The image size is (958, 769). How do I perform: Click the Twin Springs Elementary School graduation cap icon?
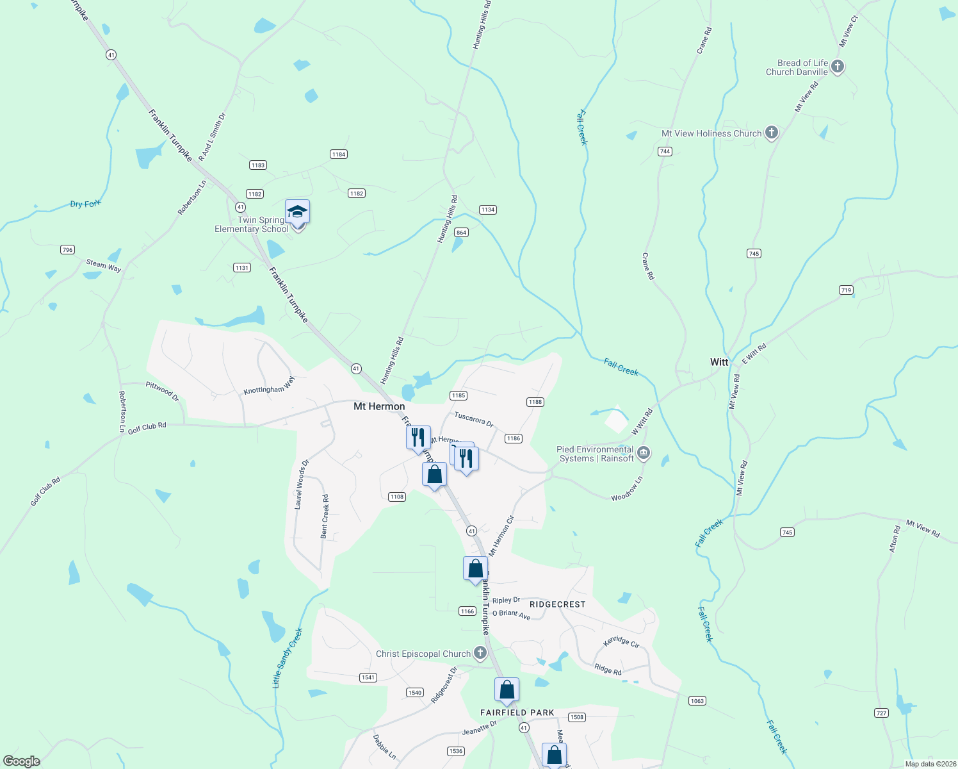coord(298,211)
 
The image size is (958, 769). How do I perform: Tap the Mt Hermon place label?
coord(379,406)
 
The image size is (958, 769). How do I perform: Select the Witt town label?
coord(719,362)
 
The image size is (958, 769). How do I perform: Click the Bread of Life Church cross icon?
coord(837,67)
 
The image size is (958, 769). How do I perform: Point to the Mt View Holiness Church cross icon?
coord(772,133)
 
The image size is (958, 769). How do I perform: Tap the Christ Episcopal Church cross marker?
coord(480,653)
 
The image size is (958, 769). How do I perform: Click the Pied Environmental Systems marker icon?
coord(644,453)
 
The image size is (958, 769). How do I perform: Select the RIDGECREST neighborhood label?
coord(557,604)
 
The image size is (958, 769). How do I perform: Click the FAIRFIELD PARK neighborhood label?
coord(517,713)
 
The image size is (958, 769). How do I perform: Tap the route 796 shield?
coord(67,249)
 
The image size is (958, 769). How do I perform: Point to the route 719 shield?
coord(846,290)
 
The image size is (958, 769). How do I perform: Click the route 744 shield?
coord(665,151)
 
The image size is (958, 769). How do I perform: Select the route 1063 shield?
coord(697,700)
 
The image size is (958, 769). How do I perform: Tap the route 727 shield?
coord(881,713)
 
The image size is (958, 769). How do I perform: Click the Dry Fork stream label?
coord(85,204)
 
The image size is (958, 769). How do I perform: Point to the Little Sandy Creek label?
coord(287,658)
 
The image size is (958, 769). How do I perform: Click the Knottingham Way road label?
coord(269,386)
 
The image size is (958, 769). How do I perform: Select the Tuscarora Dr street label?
coord(474,419)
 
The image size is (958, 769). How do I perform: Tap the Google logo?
coord(22,761)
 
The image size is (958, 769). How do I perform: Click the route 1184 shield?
coord(338,154)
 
